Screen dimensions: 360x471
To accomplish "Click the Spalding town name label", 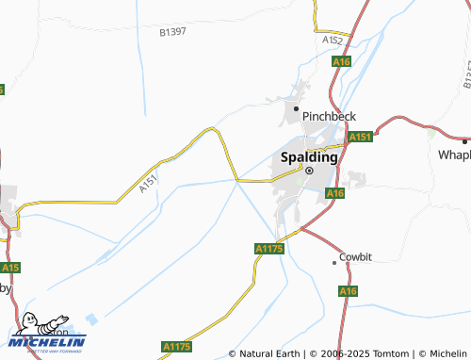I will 306,156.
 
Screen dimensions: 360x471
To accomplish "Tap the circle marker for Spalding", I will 307,171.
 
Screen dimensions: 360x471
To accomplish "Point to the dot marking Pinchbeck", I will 297,108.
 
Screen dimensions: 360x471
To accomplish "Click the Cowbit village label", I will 355,256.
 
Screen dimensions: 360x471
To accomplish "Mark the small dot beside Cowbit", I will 333,263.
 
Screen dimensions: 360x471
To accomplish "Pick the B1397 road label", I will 173,32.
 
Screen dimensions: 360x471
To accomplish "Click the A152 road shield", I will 332,41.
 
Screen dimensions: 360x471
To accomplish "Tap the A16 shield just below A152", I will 341,61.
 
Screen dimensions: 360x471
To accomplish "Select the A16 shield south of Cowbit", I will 348,292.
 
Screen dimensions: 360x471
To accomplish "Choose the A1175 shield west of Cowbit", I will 269,248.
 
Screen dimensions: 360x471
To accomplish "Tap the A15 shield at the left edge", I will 8,267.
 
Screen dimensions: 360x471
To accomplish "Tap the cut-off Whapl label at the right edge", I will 454,153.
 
